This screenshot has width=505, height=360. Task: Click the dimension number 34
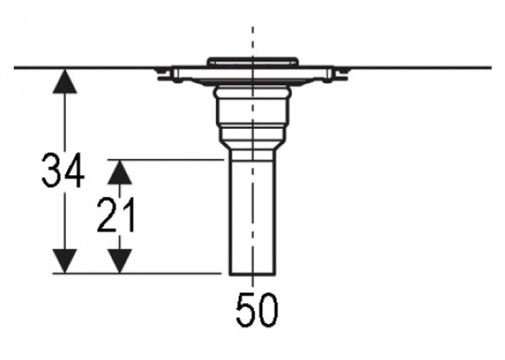(63, 170)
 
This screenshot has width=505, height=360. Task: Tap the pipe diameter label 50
(257, 310)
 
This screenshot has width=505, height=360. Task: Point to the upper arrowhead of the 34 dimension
(65, 81)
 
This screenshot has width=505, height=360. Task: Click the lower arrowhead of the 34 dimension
(65, 261)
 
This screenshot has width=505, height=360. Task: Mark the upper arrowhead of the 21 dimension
(119, 172)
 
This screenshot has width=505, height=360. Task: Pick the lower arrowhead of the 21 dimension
(119, 261)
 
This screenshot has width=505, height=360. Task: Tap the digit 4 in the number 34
(74, 170)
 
